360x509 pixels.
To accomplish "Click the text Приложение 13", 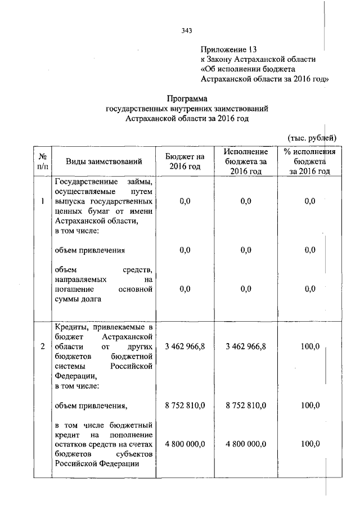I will point(232,49).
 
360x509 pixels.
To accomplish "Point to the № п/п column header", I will point(42,162).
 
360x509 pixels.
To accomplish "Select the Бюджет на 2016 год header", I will point(184,162).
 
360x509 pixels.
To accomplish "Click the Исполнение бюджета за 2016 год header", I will point(245,162).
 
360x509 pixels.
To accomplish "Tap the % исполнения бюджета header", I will point(309,162).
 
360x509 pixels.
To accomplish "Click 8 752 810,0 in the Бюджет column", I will point(184,406).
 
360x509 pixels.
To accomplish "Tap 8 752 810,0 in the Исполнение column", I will point(245,406).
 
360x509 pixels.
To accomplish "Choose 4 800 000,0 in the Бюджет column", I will point(184,444).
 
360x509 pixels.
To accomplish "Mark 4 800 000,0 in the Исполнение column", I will point(245,444).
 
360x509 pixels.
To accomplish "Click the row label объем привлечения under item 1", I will point(90,250).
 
